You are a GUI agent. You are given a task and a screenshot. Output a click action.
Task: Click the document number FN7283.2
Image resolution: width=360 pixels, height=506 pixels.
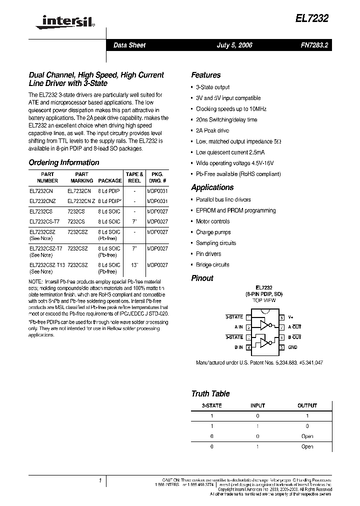[x=314, y=45]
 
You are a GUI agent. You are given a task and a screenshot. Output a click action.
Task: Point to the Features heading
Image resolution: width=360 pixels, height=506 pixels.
[x=205, y=75]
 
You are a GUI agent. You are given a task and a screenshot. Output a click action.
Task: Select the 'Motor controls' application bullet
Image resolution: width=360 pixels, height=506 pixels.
[x=212, y=221]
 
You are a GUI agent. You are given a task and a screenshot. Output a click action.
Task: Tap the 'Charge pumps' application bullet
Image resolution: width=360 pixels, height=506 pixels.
[x=213, y=232]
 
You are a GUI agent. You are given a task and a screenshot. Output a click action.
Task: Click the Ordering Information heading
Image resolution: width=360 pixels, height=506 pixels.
[x=64, y=162]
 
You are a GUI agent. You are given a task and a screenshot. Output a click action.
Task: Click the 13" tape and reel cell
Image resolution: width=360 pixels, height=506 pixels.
[x=134, y=264]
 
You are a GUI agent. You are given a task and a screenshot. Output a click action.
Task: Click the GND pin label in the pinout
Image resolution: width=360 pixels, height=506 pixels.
[x=292, y=347]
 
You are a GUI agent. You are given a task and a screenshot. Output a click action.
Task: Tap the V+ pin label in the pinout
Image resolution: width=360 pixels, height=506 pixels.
[x=291, y=317]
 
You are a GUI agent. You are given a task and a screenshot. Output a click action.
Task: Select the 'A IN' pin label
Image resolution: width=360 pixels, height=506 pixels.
[x=238, y=327]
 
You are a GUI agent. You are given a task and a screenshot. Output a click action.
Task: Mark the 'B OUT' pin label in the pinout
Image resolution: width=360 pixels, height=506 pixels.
[x=294, y=337]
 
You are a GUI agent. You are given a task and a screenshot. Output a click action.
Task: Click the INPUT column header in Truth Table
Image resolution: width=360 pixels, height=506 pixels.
[x=257, y=405]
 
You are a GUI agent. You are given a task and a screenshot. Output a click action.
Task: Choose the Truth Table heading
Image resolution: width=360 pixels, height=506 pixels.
[x=210, y=393]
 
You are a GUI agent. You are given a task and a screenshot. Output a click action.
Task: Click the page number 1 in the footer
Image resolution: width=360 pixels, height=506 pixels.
[x=100, y=481]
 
